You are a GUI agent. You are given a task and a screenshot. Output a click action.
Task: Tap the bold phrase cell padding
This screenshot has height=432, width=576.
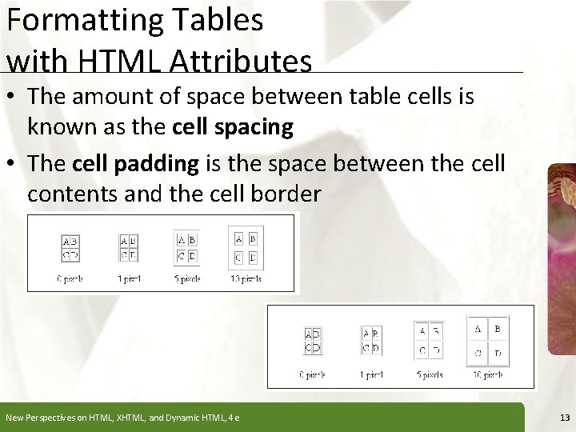coord(135,164)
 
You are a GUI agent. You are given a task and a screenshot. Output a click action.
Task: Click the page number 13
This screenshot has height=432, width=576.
coord(565,417)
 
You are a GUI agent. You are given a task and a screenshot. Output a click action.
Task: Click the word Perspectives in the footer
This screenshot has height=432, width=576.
coord(54,417)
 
